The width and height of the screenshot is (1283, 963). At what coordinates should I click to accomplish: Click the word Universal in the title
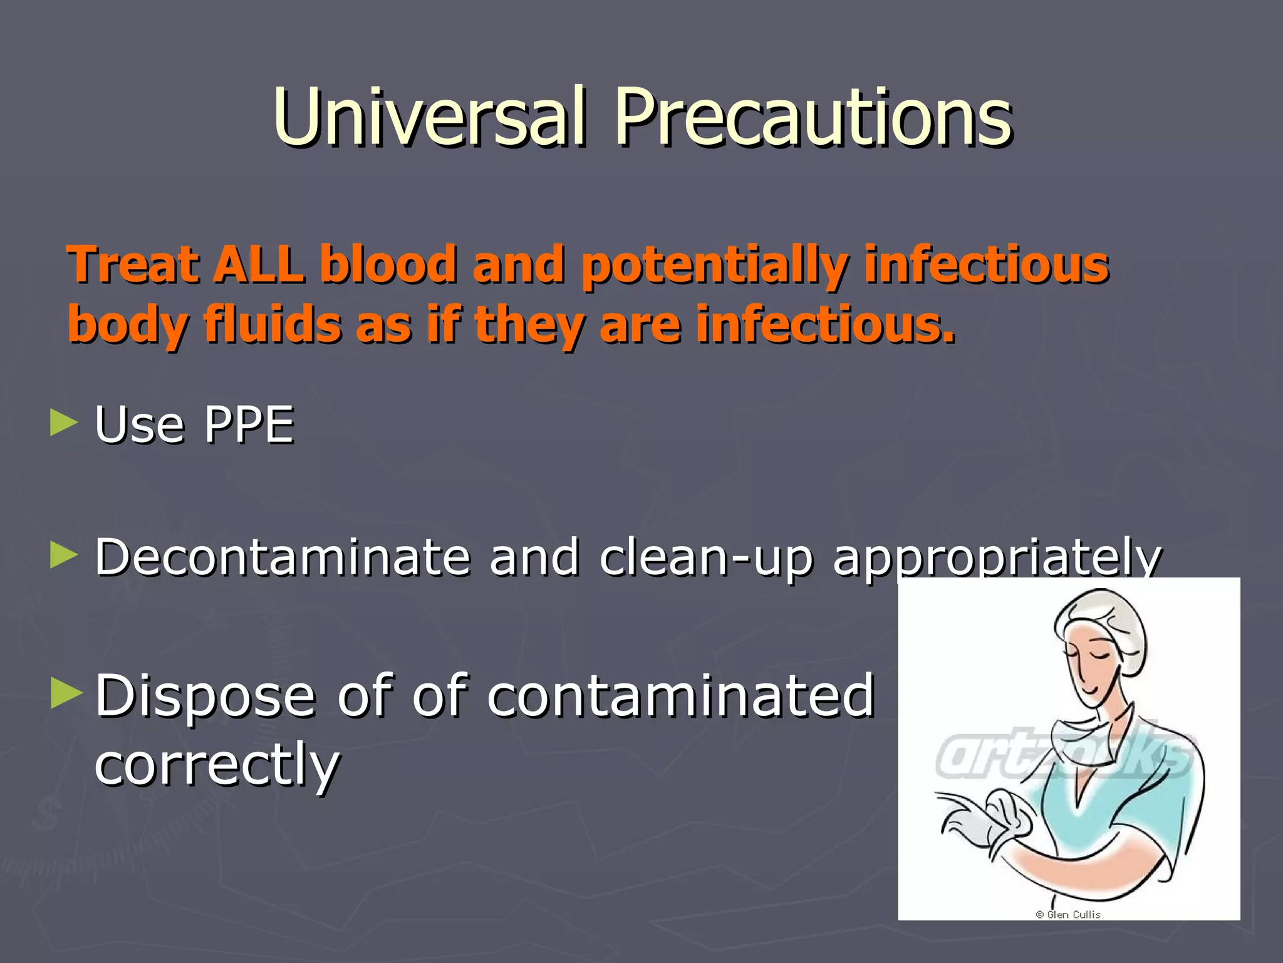[430, 118]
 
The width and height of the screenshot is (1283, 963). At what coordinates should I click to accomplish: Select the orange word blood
[388, 265]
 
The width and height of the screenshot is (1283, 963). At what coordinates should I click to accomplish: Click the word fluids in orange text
[272, 325]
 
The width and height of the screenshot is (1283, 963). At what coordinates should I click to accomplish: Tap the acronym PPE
[249, 425]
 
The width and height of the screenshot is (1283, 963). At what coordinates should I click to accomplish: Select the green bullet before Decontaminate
[64, 555]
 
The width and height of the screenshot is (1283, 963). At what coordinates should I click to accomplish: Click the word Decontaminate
[282, 557]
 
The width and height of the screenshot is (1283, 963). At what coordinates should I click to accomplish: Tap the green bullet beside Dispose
[66, 693]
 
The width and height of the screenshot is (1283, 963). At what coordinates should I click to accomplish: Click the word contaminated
[680, 696]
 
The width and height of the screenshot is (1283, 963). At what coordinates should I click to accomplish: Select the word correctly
[217, 765]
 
